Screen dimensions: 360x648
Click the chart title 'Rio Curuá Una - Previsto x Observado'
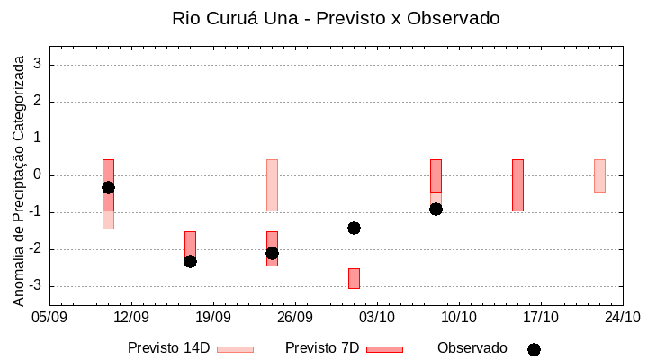[336, 18]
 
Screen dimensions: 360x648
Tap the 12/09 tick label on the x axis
[131, 317]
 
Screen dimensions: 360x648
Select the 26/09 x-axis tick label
[295, 317]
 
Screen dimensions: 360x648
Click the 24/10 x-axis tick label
[623, 317]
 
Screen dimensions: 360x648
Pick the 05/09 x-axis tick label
[49, 317]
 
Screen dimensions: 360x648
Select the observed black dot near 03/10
[354, 228]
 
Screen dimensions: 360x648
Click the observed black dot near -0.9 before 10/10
[436, 209]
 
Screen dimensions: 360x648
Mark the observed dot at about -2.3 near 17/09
[190, 261]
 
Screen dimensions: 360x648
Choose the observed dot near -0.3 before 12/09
[108, 187]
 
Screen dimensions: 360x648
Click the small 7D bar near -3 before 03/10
[354, 278]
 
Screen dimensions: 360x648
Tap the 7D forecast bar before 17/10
[517, 185]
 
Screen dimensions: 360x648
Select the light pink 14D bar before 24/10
[599, 175]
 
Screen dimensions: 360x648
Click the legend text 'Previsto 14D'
[168, 348]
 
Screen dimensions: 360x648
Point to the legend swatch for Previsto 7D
[384, 349]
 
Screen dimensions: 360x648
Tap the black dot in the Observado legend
[534, 349]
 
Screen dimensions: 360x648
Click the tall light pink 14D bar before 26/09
[272, 185]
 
